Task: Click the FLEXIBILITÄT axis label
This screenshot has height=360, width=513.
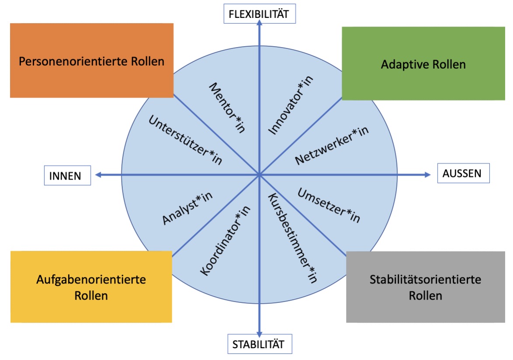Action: point(260,14)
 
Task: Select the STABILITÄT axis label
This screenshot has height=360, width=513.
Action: point(259,344)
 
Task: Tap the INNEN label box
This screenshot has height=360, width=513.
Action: point(67,176)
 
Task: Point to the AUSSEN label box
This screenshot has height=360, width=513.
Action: point(463,173)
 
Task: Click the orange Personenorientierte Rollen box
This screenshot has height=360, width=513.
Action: point(91,61)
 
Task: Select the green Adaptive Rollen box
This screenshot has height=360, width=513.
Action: point(423,64)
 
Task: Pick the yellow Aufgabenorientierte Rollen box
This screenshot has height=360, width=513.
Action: point(91,287)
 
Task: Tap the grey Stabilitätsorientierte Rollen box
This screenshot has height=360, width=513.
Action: point(425,287)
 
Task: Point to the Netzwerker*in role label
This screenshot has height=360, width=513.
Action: point(332,146)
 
